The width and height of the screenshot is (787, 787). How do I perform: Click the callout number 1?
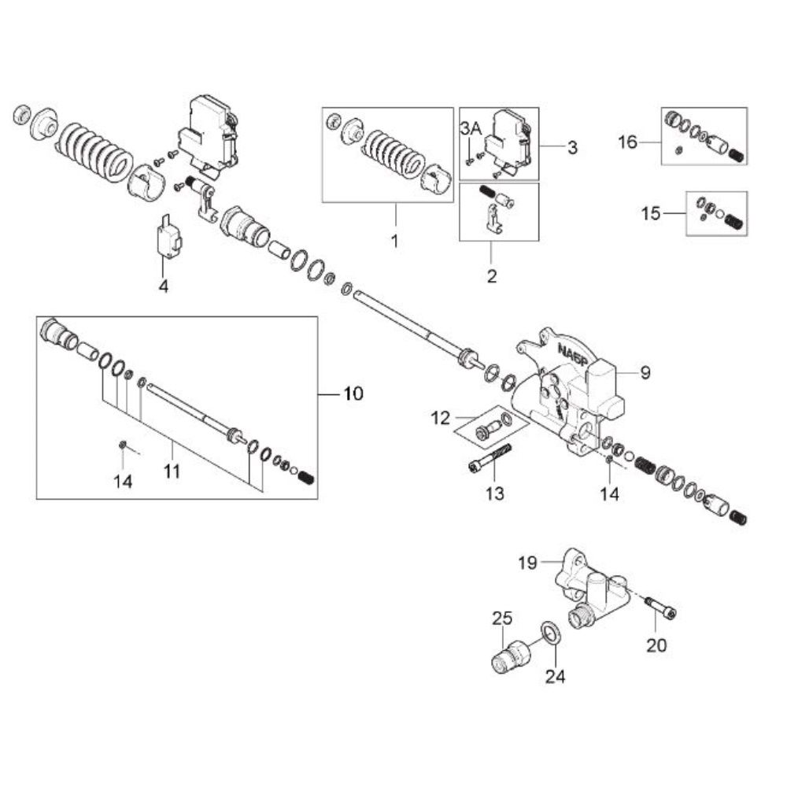(x=394, y=242)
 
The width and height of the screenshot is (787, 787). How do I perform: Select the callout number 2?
(x=492, y=276)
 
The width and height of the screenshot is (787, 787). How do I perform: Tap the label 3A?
(x=471, y=129)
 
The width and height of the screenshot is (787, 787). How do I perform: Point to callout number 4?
(x=163, y=286)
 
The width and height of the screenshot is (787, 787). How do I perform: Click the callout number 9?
(x=645, y=373)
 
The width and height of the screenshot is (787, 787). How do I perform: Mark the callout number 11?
(x=172, y=471)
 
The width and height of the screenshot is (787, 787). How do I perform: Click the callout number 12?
(x=440, y=418)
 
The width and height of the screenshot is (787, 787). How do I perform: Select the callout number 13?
(x=494, y=493)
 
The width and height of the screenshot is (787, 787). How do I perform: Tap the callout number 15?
(x=651, y=214)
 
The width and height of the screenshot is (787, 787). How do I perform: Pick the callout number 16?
(x=627, y=142)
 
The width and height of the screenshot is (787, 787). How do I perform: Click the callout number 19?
(x=527, y=563)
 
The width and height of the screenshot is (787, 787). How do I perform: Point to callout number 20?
(x=656, y=645)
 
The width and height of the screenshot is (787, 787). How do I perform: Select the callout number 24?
(x=555, y=677)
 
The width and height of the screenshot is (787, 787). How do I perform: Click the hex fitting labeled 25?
(x=510, y=656)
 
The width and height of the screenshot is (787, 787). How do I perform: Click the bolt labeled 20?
(x=660, y=606)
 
